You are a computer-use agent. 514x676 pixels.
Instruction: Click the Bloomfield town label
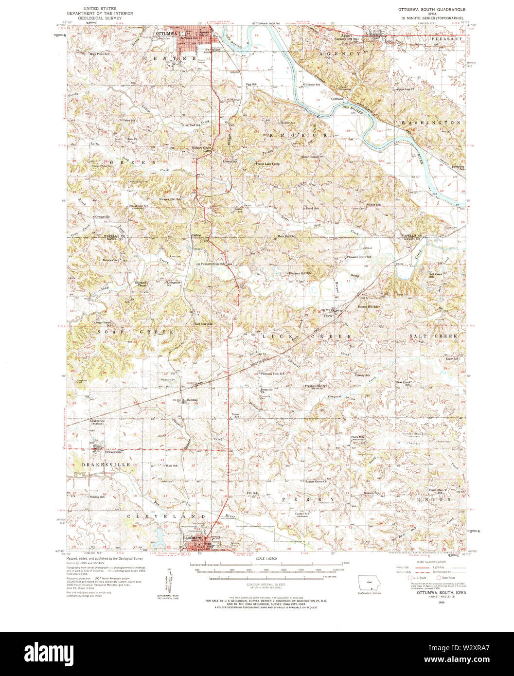tap(194, 538)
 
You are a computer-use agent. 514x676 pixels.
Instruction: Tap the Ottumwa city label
tap(164, 34)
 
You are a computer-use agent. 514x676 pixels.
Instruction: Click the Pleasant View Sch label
tap(272, 374)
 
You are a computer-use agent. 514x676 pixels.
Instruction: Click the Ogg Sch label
tap(251, 84)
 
